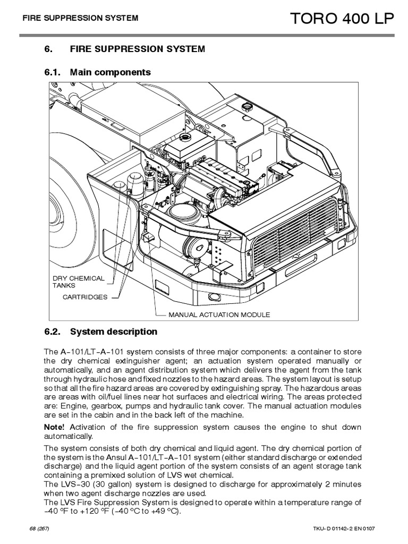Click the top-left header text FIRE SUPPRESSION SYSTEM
pyautogui.click(x=80, y=18)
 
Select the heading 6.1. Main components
pyautogui.click(x=98, y=72)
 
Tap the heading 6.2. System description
pyautogui.click(x=101, y=331)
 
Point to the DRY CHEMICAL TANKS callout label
pyautogui.click(x=78, y=282)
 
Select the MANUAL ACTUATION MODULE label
pyautogui.click(x=219, y=314)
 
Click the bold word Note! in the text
pyautogui.click(x=55, y=427)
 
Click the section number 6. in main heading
pyautogui.click(x=48, y=49)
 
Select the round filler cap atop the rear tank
pyautogui.click(x=248, y=107)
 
